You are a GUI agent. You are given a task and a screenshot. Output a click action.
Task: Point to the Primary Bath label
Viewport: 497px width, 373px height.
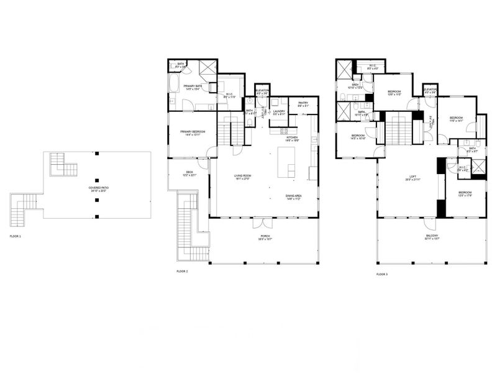click(x=191, y=87)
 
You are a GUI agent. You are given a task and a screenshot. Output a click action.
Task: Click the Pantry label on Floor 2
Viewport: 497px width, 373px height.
click(x=303, y=104)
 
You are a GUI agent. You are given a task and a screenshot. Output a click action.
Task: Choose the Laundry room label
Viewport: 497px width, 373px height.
click(x=279, y=113)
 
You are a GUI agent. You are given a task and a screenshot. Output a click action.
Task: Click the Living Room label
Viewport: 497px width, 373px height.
click(x=242, y=177)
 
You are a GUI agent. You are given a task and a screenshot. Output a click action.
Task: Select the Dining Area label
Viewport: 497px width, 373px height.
click(x=294, y=197)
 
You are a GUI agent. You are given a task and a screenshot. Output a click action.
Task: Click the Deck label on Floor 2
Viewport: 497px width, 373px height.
click(x=189, y=174)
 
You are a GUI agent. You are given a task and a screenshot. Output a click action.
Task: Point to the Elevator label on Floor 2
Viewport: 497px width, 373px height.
click(x=262, y=92)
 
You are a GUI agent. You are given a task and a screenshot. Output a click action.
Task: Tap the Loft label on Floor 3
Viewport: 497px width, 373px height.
click(x=412, y=178)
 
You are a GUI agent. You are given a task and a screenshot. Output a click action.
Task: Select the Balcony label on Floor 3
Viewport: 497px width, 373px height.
click(x=432, y=237)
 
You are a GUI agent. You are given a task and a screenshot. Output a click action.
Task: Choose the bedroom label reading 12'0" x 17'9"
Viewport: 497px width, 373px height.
click(x=466, y=194)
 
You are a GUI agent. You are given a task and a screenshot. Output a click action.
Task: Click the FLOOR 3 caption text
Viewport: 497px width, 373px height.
click(x=382, y=274)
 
